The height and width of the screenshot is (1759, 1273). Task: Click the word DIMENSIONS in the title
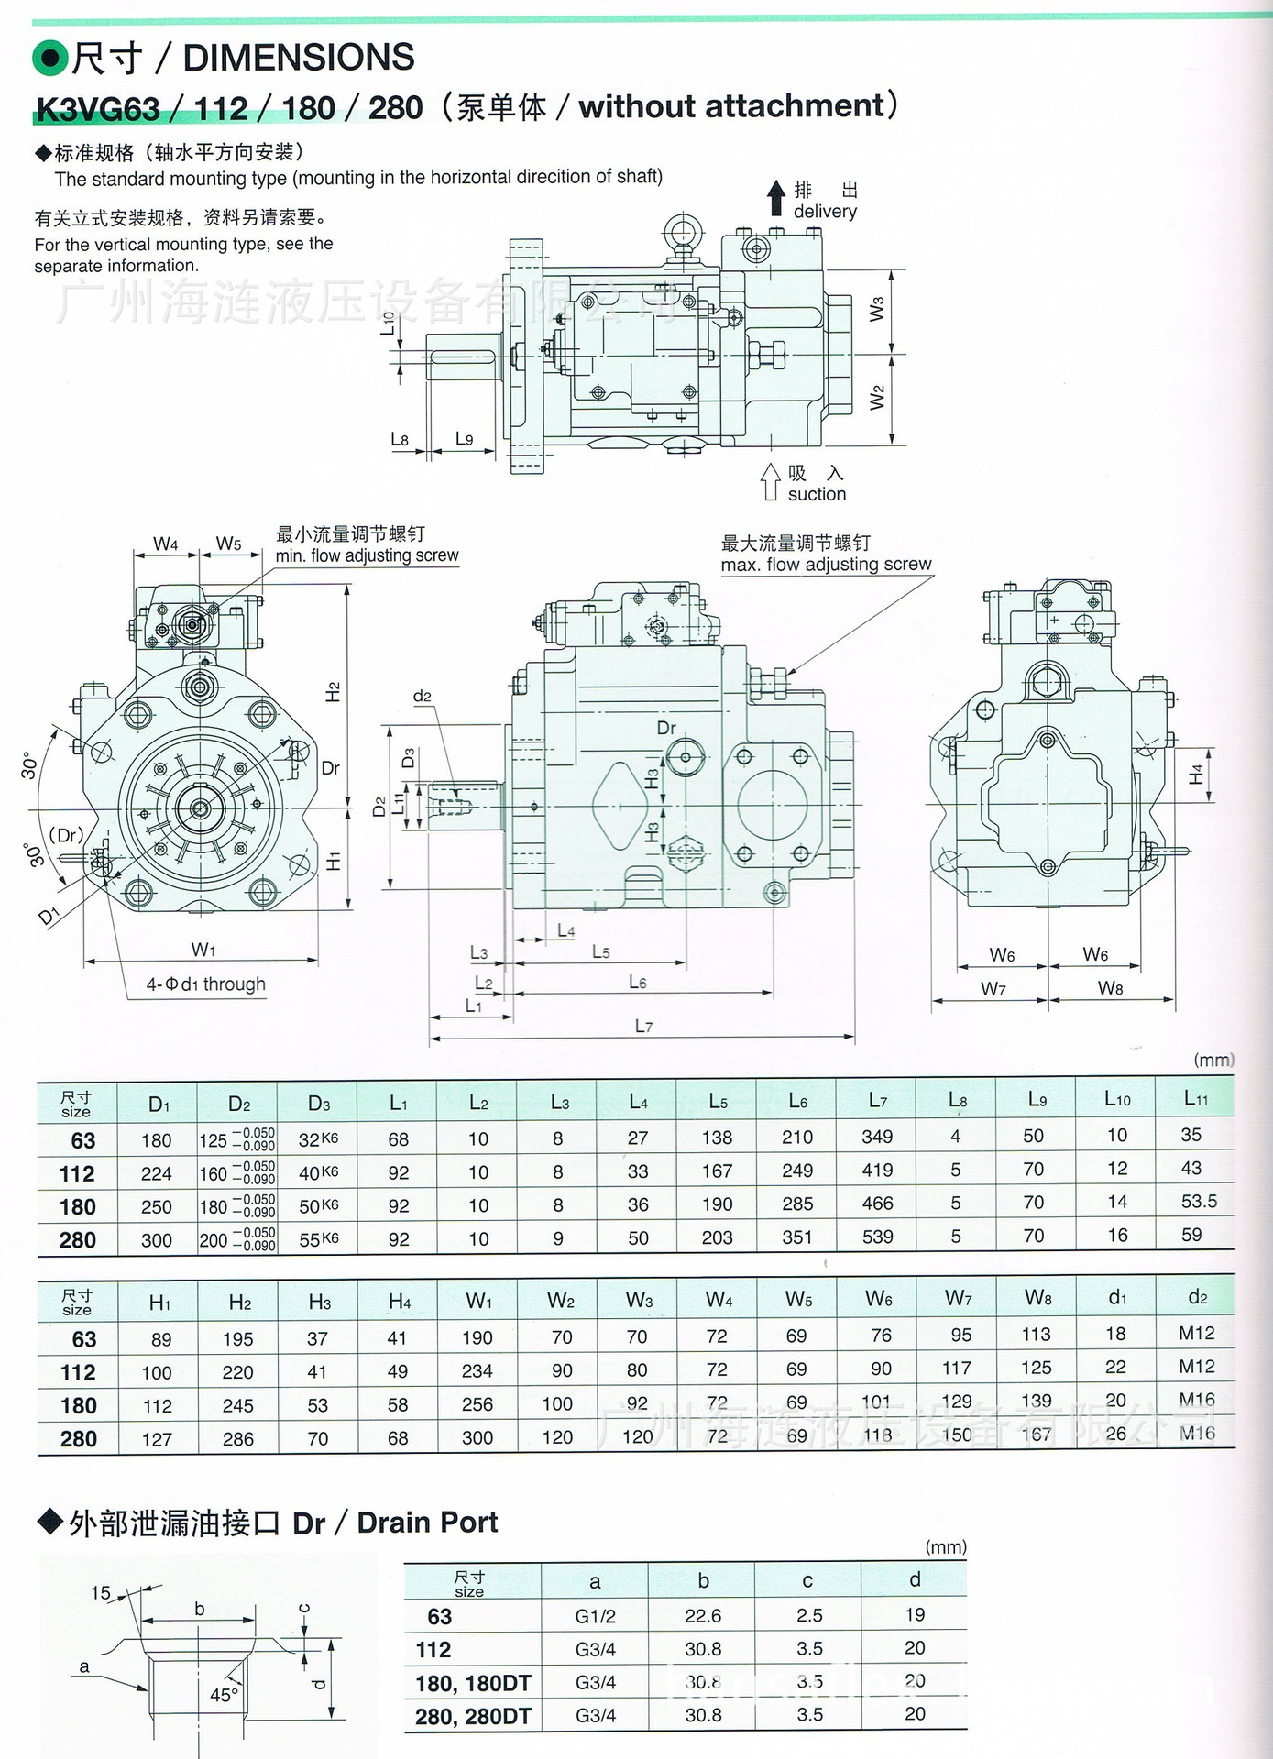point(299,58)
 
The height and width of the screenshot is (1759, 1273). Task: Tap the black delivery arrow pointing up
point(776,197)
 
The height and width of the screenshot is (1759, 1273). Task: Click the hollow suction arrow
point(770,481)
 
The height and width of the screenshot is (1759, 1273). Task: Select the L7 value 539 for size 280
point(877,1237)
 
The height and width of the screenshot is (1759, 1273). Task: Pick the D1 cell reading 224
point(156,1173)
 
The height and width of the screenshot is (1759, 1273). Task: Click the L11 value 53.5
point(1198,1201)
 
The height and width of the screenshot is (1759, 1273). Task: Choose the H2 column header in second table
point(238,1302)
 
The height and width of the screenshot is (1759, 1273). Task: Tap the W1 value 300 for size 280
point(477,1437)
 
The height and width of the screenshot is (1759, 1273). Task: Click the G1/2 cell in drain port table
point(595,1616)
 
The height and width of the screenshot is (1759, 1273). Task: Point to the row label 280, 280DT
point(473,1716)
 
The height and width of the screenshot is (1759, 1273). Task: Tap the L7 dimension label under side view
point(643,1026)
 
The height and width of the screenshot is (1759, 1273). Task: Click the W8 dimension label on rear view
point(1110,988)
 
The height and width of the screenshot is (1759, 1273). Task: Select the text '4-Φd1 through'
point(205,984)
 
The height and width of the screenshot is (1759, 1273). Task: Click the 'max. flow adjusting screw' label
point(826,564)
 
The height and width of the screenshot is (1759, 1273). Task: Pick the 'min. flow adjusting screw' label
point(367,555)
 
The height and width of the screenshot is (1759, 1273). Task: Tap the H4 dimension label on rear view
point(1195,775)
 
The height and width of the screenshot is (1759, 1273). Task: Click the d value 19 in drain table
point(914,1615)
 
